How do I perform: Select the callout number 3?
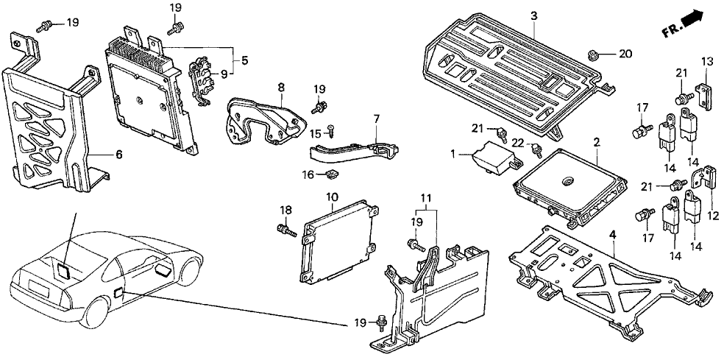(533, 15)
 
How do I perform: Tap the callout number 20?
(625, 53)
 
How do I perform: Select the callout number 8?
(280, 88)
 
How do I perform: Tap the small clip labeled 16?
(332, 174)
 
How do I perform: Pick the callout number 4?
(611, 234)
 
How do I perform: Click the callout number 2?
(596, 141)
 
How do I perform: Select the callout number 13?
(706, 60)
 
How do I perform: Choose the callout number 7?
(376, 118)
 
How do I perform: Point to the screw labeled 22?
(537, 151)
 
